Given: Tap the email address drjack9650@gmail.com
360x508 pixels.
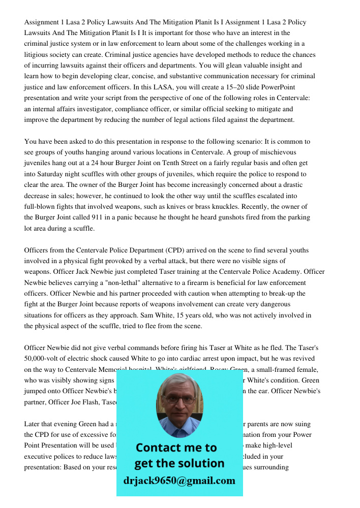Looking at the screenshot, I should tap(179, 481).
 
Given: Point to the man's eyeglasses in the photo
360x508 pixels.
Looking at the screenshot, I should tap(178, 399).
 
